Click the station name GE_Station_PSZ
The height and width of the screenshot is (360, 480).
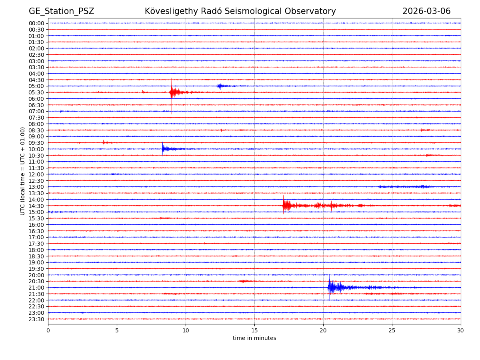[61, 11]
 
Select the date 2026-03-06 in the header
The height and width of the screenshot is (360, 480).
[426, 11]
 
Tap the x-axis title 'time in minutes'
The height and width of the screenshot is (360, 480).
[254, 338]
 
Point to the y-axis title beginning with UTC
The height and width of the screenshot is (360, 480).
[23, 171]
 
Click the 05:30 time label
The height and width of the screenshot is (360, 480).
[36, 92]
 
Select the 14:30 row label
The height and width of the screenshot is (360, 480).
[36, 206]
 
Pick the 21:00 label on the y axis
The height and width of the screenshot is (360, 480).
[36, 288]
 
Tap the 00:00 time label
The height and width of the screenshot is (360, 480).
[36, 23]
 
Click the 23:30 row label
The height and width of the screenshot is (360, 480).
[36, 319]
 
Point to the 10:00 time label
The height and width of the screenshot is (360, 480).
[36, 149]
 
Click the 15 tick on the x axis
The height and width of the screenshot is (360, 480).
[254, 330]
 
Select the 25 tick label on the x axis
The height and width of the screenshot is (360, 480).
[392, 330]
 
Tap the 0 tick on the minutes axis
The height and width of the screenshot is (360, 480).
[48, 330]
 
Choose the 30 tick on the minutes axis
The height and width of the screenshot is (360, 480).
[461, 330]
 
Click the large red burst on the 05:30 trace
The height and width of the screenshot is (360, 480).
[173, 92]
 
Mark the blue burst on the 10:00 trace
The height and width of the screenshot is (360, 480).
[164, 149]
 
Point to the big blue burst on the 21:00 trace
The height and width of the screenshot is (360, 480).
[331, 287]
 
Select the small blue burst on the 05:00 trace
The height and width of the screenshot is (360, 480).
[220, 86]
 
